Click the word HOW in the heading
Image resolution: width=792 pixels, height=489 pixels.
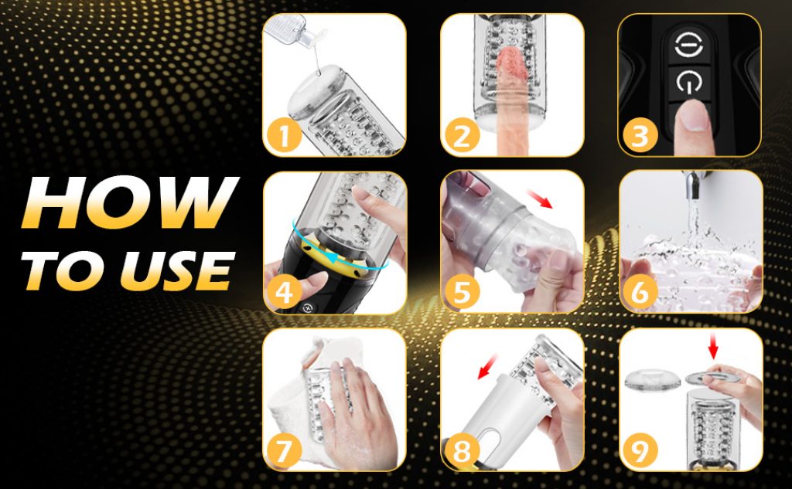130,202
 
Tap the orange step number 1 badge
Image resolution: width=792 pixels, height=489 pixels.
284,135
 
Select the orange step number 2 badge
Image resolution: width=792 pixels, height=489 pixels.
462,135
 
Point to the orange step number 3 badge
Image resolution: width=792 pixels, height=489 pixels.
640,135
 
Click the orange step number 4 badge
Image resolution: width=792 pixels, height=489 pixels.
284,293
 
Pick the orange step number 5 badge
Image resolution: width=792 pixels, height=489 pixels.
462,293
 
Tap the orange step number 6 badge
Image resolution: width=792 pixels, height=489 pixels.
640,293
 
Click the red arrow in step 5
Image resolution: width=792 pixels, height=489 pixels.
539,199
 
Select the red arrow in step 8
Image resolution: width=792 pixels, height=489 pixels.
487,367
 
